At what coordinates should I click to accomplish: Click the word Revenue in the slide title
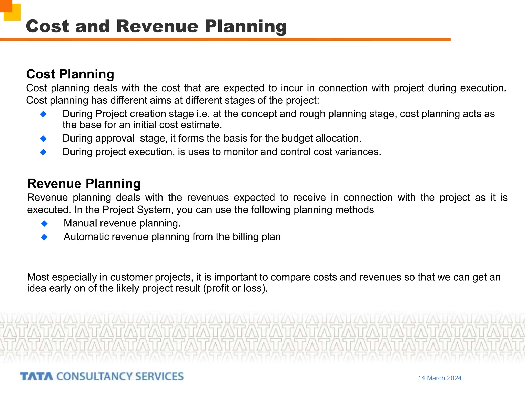[x=157, y=26]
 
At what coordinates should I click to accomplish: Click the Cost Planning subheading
[x=70, y=74]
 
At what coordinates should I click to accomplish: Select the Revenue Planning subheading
[x=84, y=184]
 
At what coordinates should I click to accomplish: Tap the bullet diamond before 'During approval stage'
[x=43, y=139]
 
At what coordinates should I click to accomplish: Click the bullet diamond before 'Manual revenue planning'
[x=44, y=224]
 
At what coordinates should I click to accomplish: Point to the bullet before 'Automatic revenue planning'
[x=44, y=237]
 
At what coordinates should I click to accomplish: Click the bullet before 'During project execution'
[x=43, y=152]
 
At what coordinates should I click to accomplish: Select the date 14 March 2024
[x=440, y=378]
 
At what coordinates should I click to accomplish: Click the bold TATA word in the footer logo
[x=36, y=377]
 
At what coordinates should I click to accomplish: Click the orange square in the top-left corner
[x=6, y=6]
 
